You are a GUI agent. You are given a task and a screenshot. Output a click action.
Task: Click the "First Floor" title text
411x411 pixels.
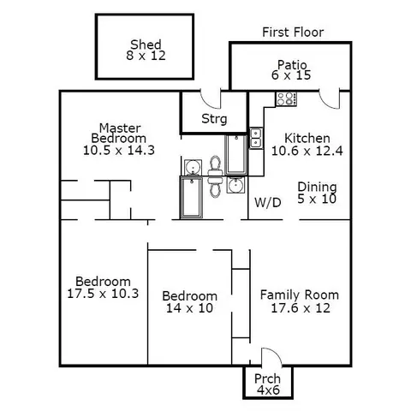(x=293, y=33)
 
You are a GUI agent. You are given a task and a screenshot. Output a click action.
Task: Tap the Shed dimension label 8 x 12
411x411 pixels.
(x=146, y=56)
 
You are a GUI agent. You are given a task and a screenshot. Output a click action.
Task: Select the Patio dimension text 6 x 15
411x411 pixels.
(x=291, y=75)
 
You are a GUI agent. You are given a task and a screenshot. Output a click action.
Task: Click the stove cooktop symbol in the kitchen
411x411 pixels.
(x=286, y=99)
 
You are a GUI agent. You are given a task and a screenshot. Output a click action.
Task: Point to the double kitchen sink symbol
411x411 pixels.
(x=256, y=138)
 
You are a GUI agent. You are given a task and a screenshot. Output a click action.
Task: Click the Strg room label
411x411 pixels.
(x=214, y=119)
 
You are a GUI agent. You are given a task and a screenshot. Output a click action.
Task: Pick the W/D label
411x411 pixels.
(x=268, y=203)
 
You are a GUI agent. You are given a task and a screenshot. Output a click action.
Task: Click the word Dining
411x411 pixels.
(x=317, y=188)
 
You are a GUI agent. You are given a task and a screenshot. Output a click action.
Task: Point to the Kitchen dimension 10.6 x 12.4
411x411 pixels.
(x=307, y=151)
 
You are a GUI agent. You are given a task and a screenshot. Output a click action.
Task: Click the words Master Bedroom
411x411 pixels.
(x=119, y=134)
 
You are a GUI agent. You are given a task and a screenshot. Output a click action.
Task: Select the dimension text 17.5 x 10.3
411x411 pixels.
(x=103, y=294)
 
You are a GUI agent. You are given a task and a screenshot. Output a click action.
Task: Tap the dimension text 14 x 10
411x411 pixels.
(x=190, y=308)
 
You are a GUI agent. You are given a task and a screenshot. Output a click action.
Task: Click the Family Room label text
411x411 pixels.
(x=300, y=295)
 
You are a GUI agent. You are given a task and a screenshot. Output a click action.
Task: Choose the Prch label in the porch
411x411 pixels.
(x=267, y=379)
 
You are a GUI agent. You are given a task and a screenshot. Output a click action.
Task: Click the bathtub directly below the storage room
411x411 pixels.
(x=236, y=155)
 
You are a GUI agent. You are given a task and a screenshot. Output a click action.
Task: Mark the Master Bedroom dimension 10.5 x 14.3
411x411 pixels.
(x=119, y=150)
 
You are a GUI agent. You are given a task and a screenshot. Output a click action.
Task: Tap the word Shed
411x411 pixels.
(x=146, y=45)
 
